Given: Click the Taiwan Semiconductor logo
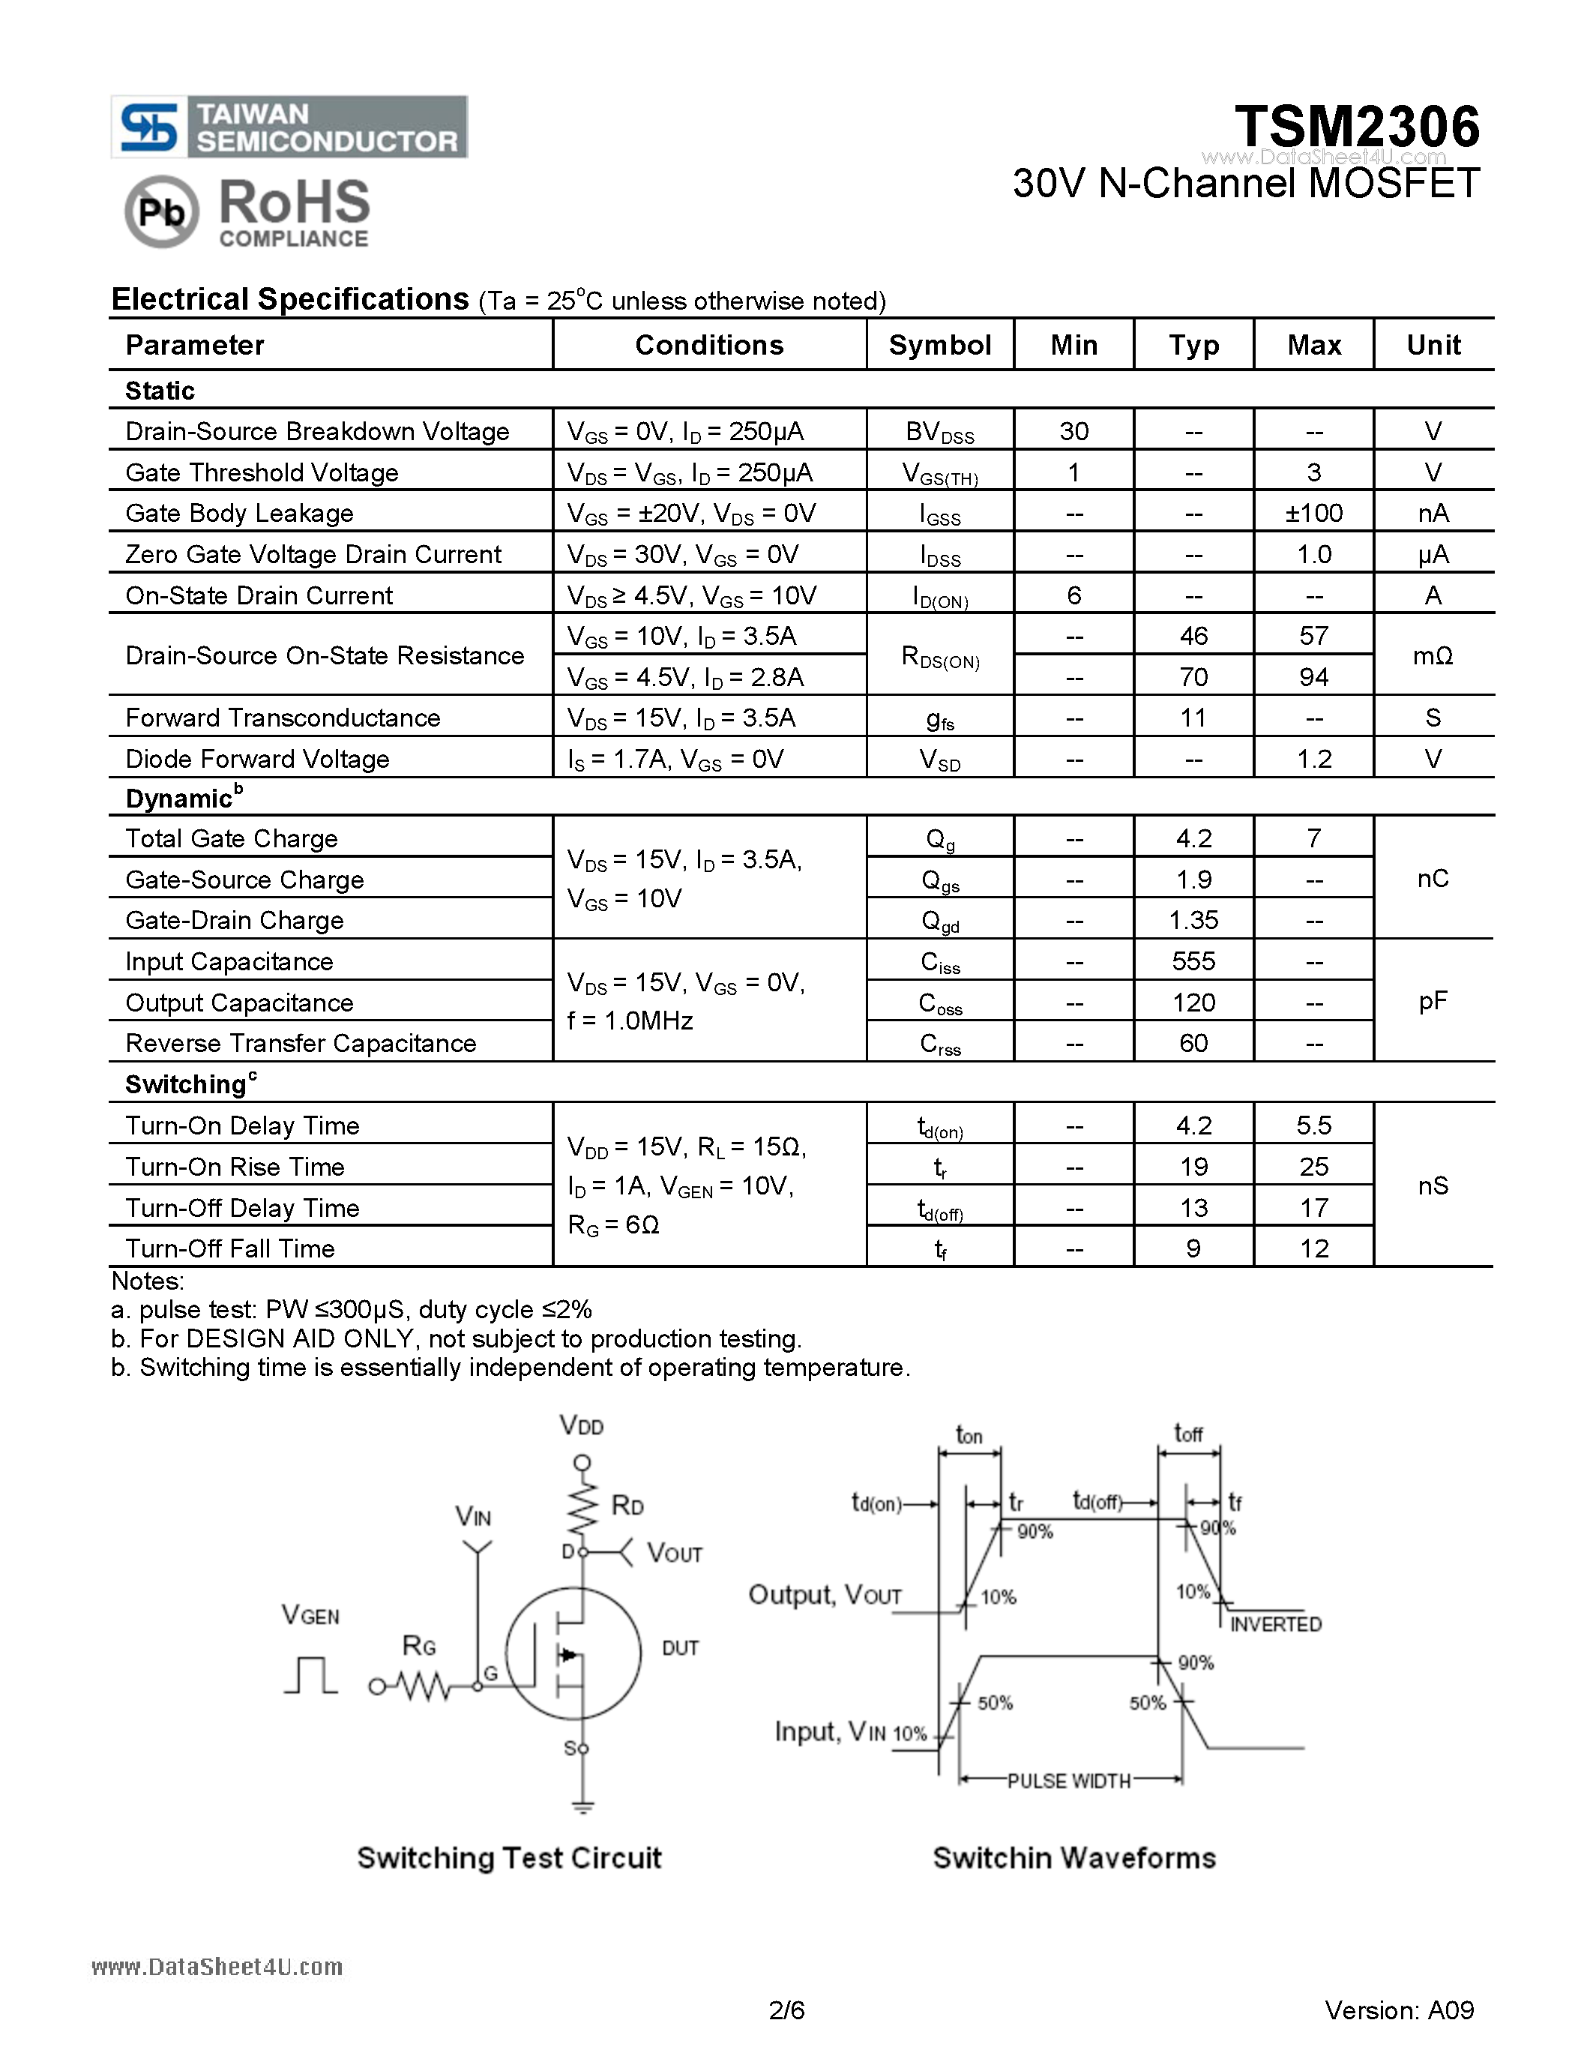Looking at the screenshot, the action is point(289,127).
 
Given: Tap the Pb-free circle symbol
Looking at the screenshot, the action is point(161,211).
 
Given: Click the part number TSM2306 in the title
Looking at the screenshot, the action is point(1356,127).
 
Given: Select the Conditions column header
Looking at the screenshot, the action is point(708,346).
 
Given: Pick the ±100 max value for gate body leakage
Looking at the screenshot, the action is point(1313,514).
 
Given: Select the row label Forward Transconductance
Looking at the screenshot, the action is point(282,718).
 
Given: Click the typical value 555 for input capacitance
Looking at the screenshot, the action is point(1193,961).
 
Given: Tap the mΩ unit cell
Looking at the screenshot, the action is point(1432,656).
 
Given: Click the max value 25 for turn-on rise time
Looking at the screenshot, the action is point(1313,1167).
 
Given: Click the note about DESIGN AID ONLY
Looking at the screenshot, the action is point(457,1338).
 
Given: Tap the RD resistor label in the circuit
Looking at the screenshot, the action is point(627,1505).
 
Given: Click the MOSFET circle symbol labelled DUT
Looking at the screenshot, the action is point(573,1653).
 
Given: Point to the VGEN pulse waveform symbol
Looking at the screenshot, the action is point(310,1675).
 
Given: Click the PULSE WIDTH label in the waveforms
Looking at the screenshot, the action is point(1068,1781).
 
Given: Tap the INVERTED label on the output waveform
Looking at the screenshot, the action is point(1275,1625).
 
